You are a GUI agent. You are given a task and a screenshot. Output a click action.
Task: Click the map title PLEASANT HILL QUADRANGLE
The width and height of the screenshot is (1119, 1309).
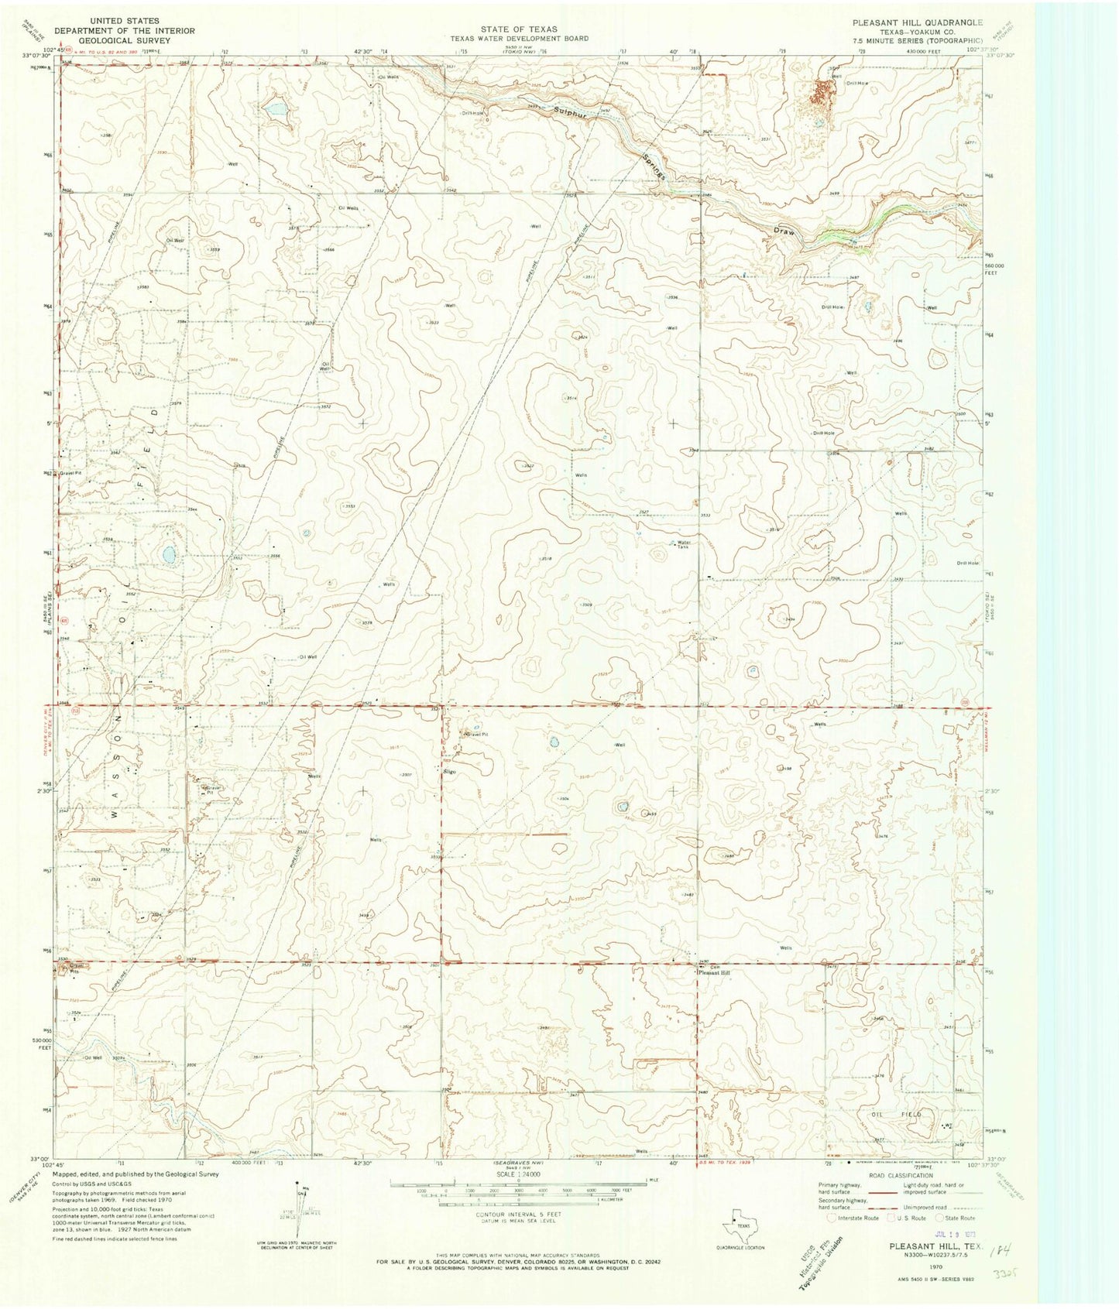pos(917,23)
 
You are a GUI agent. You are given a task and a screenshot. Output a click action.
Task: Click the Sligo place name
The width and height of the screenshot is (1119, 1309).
pos(448,772)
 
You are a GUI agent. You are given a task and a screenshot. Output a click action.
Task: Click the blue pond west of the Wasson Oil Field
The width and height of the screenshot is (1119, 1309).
pos(167,554)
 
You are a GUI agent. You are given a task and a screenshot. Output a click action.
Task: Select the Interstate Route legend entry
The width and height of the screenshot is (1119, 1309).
pos(853,1218)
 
